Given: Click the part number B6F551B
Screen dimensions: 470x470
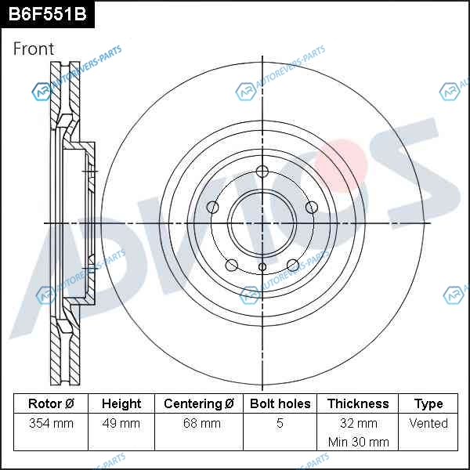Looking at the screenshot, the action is click(47, 14).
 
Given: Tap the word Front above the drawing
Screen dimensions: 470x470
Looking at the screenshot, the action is click(34, 49).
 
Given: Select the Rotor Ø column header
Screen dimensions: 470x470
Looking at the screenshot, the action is click(51, 403).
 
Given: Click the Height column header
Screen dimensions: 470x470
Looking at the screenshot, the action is click(121, 403).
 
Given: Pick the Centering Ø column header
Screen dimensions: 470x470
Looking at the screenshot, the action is click(199, 403).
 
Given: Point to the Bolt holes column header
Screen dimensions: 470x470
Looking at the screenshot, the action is click(280, 403).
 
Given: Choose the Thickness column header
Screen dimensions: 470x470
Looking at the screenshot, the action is click(358, 403).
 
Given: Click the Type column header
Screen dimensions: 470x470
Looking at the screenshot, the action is click(428, 404).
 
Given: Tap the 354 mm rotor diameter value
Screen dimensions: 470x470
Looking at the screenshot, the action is click(51, 423).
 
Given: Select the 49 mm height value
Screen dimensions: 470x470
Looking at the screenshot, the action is click(121, 423).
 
